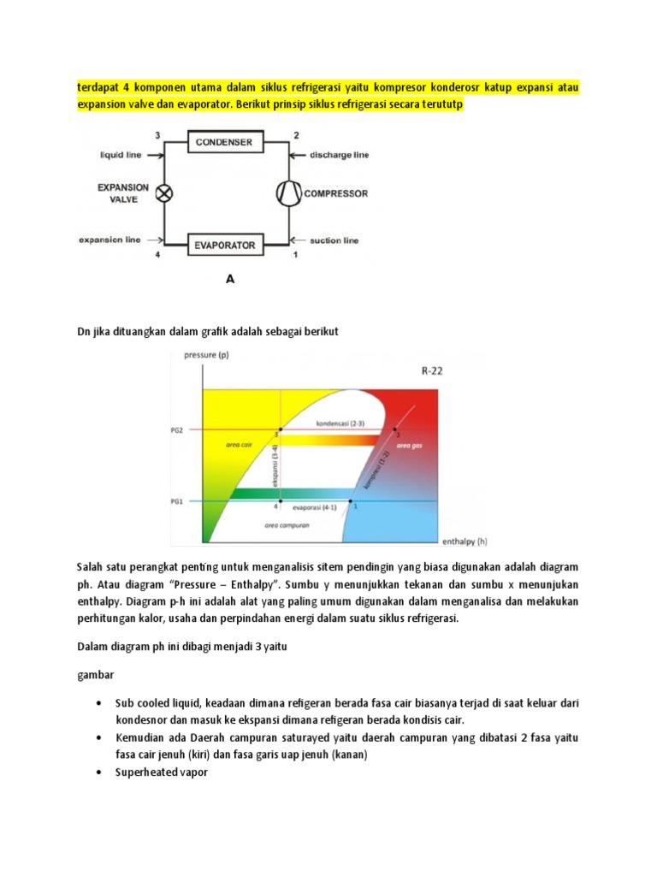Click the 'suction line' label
(x=333, y=241)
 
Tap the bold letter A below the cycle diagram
(x=229, y=279)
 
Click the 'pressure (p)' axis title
(x=206, y=355)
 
